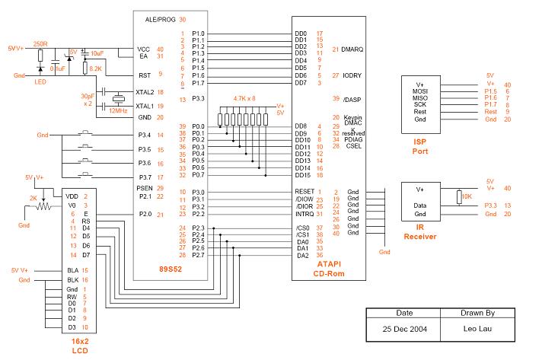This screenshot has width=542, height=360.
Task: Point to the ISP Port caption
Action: click(419, 146)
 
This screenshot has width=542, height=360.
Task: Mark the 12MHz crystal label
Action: click(117, 110)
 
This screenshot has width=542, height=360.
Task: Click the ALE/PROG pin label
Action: click(155, 19)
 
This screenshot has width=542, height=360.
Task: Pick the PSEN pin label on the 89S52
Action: click(145, 187)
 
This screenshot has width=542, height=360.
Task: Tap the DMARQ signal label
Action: click(352, 49)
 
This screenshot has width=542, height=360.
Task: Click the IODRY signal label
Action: click(352, 75)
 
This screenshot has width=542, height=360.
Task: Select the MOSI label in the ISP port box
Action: click(419, 92)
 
